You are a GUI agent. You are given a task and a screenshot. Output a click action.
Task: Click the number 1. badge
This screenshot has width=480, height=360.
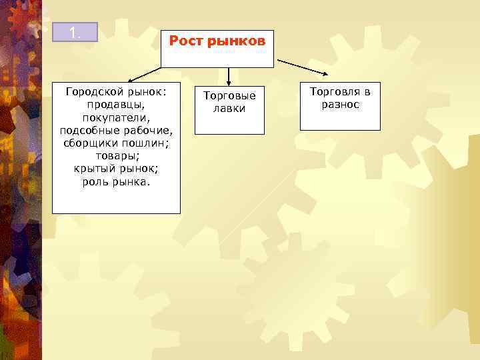pyautogui.click(x=75, y=32)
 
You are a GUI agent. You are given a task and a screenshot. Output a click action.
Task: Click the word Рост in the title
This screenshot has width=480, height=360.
pyautogui.click(x=186, y=41)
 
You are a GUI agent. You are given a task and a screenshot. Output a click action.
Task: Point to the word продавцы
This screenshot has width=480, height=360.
pyautogui.click(x=115, y=104)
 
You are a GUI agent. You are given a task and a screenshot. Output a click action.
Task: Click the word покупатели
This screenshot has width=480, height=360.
pyautogui.click(x=115, y=117)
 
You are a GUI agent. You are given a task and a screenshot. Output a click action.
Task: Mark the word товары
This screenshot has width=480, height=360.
pyautogui.click(x=115, y=154)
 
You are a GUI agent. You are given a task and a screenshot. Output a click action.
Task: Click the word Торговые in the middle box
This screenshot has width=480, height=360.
pyautogui.click(x=229, y=96)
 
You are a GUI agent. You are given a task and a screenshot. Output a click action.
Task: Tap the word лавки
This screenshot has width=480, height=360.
pyautogui.click(x=229, y=108)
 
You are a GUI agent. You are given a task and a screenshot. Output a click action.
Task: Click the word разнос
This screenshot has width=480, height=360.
pyautogui.click(x=340, y=105)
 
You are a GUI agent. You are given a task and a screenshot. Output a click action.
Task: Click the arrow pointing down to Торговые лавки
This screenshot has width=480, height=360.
pyautogui.click(x=229, y=75)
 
